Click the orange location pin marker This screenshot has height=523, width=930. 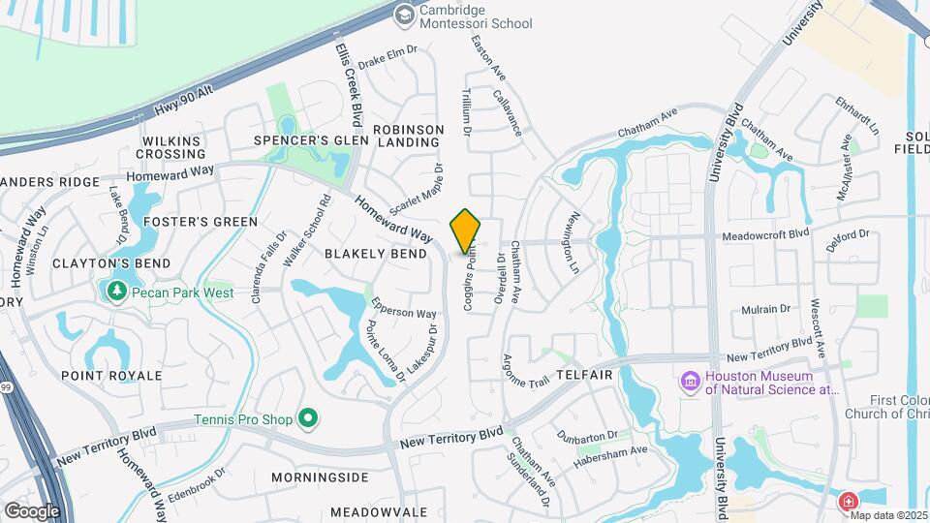[x=466, y=231]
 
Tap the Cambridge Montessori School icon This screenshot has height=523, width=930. [x=405, y=14]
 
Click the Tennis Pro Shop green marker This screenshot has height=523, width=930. [x=309, y=418]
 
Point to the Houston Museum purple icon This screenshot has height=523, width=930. [x=691, y=382]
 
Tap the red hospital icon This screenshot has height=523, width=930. [x=848, y=502]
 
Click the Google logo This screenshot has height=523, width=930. [x=32, y=510]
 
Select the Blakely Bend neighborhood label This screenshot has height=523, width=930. [x=376, y=254]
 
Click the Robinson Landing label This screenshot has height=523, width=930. [x=408, y=136]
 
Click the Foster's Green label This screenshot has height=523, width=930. [x=201, y=222]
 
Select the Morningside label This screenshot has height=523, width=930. [x=320, y=477]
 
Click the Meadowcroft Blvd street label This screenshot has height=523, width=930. [x=766, y=234]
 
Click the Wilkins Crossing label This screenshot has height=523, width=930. [x=172, y=147]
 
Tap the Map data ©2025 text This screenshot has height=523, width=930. [x=888, y=515]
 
